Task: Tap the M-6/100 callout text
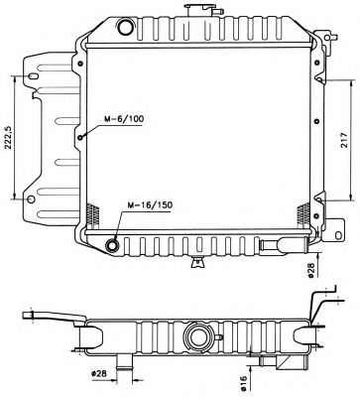(x=123, y=120)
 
